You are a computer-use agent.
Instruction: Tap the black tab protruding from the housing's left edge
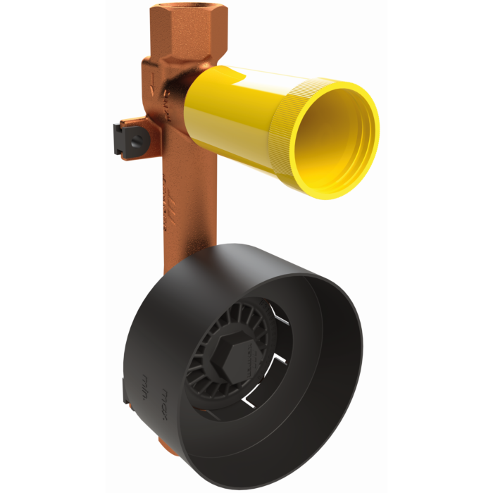pos(126,392)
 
